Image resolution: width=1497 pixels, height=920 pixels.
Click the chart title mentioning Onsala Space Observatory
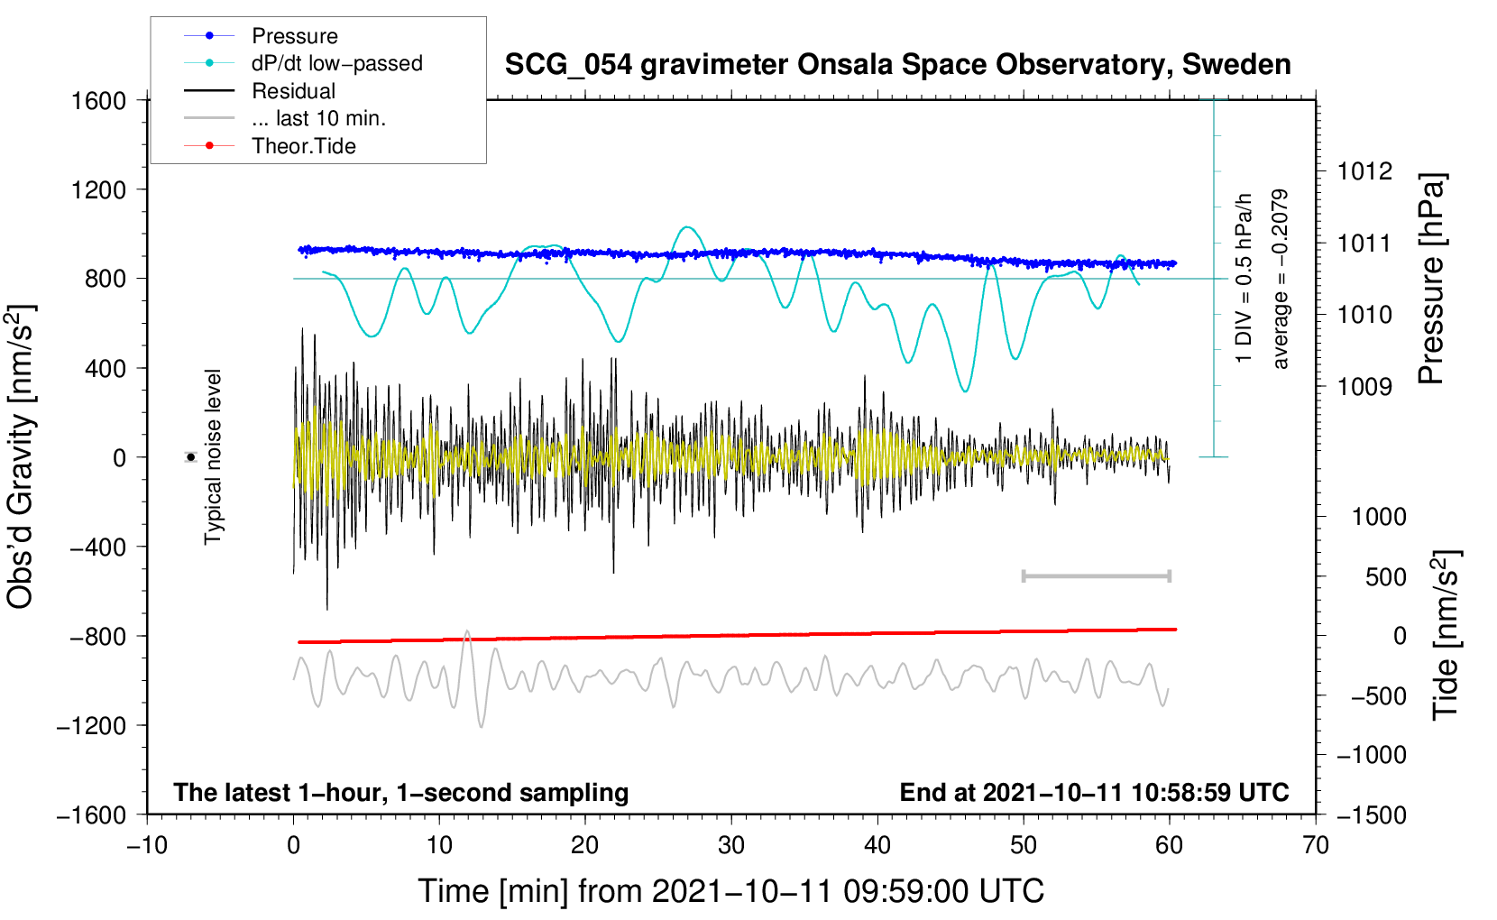[897, 65]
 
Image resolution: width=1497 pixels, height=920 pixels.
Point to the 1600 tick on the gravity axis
[98, 100]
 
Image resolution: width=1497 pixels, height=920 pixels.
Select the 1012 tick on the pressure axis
[1364, 171]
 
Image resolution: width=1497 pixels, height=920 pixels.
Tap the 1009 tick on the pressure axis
[1364, 387]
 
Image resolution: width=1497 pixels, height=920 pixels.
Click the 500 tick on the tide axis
[1386, 576]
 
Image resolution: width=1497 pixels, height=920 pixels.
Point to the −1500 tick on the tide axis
[1372, 814]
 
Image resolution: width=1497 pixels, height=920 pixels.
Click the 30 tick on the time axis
[731, 845]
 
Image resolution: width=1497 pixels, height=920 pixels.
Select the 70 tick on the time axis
[1316, 845]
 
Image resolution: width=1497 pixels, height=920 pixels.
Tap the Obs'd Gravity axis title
[21, 457]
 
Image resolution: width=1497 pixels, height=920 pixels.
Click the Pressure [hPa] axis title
[1431, 279]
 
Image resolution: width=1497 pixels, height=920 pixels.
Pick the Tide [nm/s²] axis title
[1446, 634]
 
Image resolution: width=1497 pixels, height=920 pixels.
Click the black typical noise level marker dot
[191, 457]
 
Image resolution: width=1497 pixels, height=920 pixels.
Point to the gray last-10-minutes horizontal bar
[1097, 575]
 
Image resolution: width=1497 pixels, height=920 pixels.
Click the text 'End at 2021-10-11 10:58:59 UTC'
[1094, 792]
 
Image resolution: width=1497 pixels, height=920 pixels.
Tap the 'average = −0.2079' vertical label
[1281, 279]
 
